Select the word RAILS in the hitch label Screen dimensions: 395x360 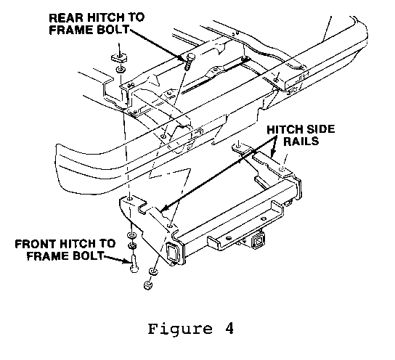[x=301, y=141]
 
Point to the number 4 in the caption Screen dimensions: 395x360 [x=229, y=328]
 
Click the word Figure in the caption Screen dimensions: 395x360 [x=180, y=330]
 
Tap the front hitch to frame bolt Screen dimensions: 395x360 [x=134, y=263]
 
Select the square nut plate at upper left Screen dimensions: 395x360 [x=119, y=58]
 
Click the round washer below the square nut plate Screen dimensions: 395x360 [x=121, y=69]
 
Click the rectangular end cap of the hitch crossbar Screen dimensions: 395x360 [x=172, y=253]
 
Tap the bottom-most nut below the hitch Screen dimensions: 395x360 [x=148, y=285]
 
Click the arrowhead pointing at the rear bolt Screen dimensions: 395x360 [x=184, y=58]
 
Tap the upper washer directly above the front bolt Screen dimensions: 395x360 [x=131, y=235]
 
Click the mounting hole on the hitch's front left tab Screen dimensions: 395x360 [x=130, y=199]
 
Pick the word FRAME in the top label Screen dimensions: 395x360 [x=68, y=30]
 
